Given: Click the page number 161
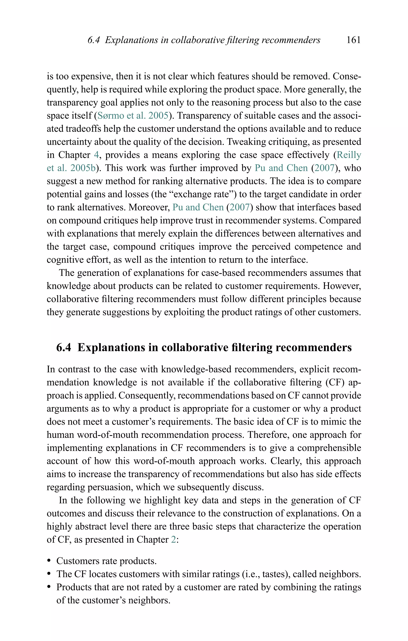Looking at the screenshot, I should (353, 40).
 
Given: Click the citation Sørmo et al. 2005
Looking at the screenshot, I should (133, 115).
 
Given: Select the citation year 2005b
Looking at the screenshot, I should (83, 168).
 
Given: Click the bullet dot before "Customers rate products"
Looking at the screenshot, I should (49, 561).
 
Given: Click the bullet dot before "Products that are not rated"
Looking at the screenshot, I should (49, 587).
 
